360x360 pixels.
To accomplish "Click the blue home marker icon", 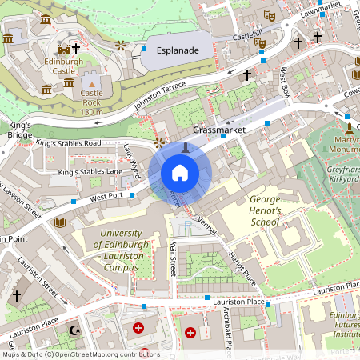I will pos(180,173).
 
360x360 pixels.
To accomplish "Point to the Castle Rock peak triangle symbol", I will pos(91,82).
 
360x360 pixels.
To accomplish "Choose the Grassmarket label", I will pos(217,128).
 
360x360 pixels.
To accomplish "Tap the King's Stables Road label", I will pos(69,143).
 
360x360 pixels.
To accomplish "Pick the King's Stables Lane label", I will pos(90,171).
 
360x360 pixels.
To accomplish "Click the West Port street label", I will pos(106,196).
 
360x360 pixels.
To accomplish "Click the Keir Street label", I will pos(172,260).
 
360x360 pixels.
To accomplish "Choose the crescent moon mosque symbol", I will pos(76,330).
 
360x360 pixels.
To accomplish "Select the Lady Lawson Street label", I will pos(22,200).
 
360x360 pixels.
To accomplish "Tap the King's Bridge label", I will pos(19,130).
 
